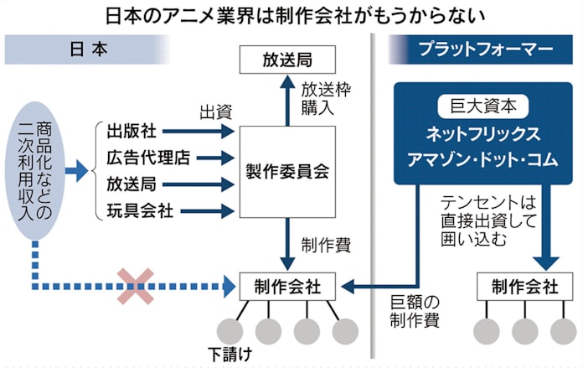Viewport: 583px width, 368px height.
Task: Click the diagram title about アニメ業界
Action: click(x=291, y=14)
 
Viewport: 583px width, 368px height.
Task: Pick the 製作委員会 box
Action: click(x=287, y=171)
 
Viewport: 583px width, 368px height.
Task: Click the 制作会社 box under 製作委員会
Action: click(x=287, y=286)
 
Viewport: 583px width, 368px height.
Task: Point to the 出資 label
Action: click(x=214, y=111)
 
